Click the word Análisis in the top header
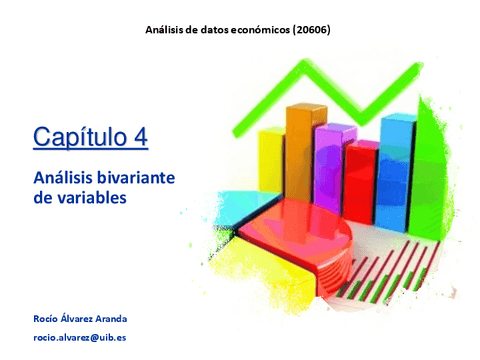[x=167, y=30]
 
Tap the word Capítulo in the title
[x=79, y=137]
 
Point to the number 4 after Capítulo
[x=140, y=137]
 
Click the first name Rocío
[x=48, y=318]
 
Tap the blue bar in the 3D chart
[x=397, y=160]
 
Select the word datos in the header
[x=211, y=30]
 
